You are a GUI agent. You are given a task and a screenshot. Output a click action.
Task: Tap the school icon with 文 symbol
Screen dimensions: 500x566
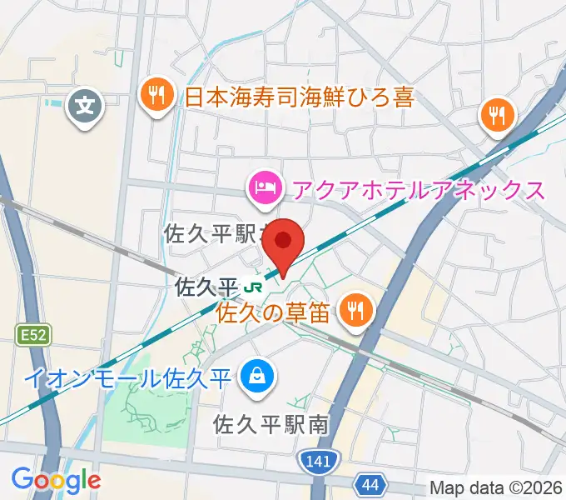click(85, 107)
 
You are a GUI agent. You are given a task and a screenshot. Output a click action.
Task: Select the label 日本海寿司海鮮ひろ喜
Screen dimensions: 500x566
click(299, 98)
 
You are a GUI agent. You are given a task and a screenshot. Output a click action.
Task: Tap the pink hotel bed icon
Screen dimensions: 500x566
click(264, 187)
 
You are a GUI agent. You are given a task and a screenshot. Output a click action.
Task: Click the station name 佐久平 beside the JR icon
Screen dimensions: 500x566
click(206, 287)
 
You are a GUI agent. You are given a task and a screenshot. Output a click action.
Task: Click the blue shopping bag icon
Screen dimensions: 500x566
click(255, 377)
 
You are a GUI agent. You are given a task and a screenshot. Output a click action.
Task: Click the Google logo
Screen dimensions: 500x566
click(56, 480)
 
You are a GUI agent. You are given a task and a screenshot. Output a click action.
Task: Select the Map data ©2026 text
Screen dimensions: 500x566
click(494, 487)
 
